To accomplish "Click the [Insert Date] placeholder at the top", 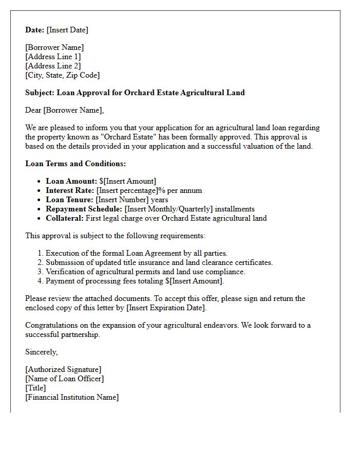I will [x=67, y=30].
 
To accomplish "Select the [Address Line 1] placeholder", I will [x=53, y=57].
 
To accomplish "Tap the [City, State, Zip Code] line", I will [x=62, y=75].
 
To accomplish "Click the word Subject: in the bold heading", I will [x=40, y=93].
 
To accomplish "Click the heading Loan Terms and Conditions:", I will [x=76, y=164].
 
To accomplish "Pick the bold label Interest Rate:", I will [x=70, y=190].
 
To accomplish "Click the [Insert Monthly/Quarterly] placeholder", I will [x=169, y=209].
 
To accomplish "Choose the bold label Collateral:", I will [x=64, y=218].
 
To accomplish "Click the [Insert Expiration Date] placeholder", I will [x=166, y=308].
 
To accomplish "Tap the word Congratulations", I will [x=50, y=325].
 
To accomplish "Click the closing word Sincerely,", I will [x=42, y=352].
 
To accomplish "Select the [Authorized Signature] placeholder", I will [x=63, y=369].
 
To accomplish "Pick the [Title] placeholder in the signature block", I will [x=35, y=388].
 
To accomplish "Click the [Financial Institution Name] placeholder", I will [x=72, y=397].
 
